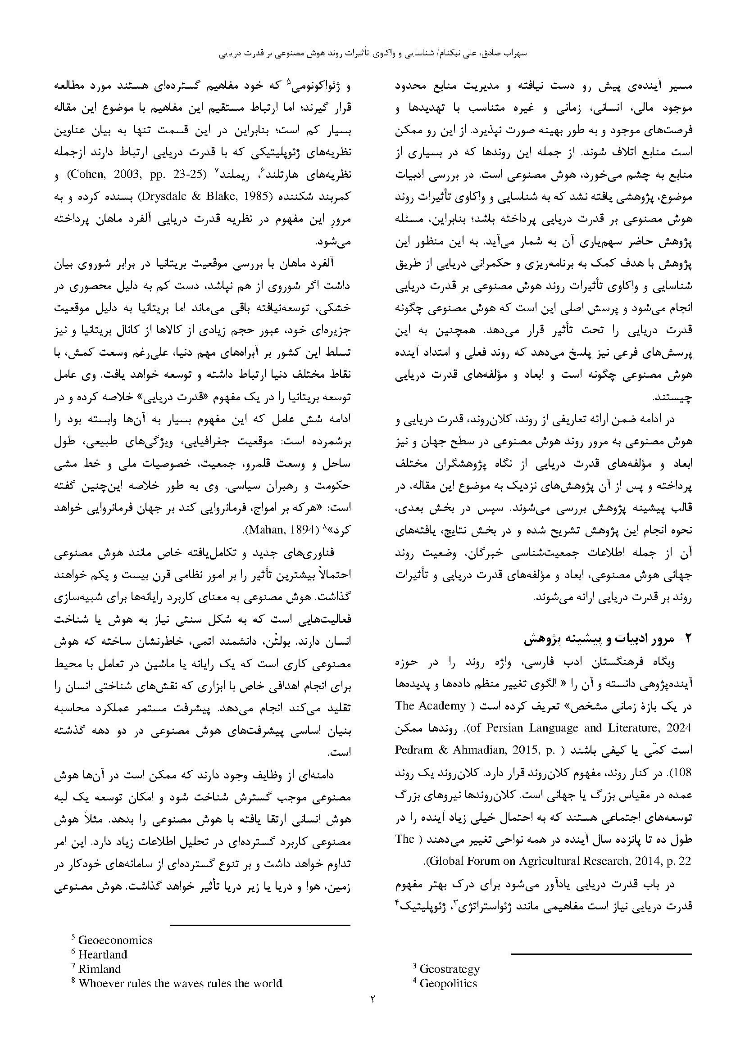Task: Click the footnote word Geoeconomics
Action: pos(115,940)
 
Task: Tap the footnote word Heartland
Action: pos(103,954)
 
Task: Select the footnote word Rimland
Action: pos(100,969)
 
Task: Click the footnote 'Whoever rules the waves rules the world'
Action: pos(180,983)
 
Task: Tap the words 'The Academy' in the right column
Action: pos(430,706)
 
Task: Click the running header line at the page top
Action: pos(372,53)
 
